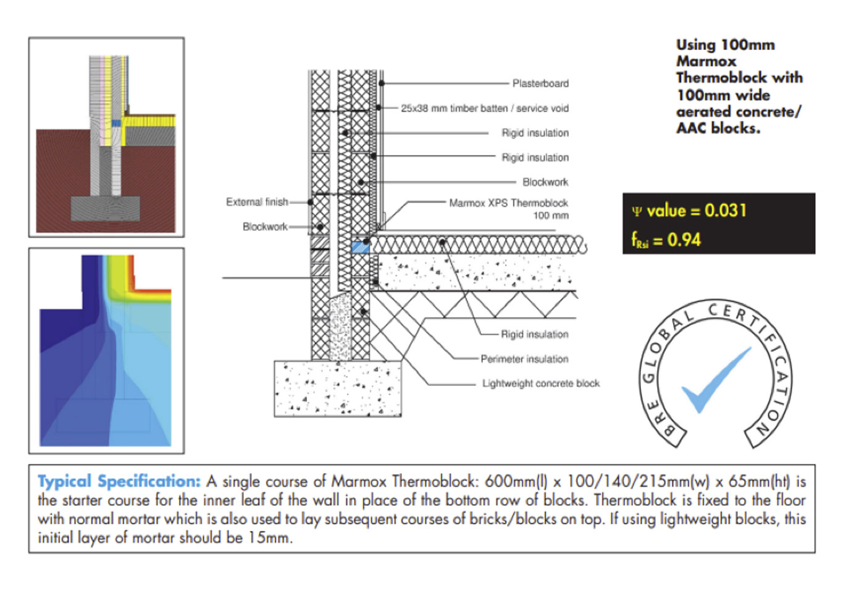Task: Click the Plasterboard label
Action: pyautogui.click(x=540, y=83)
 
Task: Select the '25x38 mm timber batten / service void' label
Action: pyautogui.click(x=485, y=108)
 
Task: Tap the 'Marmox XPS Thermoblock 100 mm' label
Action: pyautogui.click(x=508, y=209)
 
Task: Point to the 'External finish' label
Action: pyautogui.click(x=257, y=202)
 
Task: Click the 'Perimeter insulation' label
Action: pyautogui.click(x=524, y=359)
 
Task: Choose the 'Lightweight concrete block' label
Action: pyautogui.click(x=541, y=384)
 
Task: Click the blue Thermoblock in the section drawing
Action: pyautogui.click(x=360, y=247)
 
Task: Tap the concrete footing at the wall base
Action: pyautogui.click(x=337, y=388)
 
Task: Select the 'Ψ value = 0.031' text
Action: pyautogui.click(x=689, y=211)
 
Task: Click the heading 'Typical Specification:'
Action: pyautogui.click(x=119, y=481)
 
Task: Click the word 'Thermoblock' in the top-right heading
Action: pyautogui.click(x=721, y=78)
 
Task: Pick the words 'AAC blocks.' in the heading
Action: pyautogui.click(x=718, y=128)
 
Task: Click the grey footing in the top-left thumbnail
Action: pyautogui.click(x=105, y=209)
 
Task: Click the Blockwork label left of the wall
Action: pyautogui.click(x=265, y=227)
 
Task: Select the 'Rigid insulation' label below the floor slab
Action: pyautogui.click(x=534, y=334)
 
